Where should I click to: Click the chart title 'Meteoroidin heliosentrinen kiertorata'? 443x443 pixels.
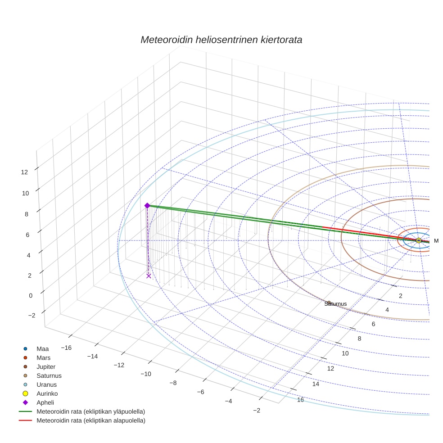(x=221, y=40)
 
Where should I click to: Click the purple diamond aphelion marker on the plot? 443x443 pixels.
(x=147, y=206)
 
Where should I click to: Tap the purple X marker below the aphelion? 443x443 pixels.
(x=149, y=276)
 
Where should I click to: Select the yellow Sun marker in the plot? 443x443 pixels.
(x=419, y=240)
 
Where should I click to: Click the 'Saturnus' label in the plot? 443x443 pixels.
(x=335, y=304)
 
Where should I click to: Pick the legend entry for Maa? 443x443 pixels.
(x=42, y=348)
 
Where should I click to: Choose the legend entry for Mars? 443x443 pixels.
(x=43, y=357)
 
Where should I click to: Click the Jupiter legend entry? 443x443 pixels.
(x=46, y=366)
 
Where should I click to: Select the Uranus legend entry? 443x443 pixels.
(x=46, y=384)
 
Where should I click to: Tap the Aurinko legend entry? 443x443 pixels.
(x=47, y=393)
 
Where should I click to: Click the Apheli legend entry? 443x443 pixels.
(x=45, y=402)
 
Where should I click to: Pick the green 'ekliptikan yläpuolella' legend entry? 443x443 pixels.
(x=90, y=411)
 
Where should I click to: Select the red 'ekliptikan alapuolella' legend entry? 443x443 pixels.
(x=90, y=420)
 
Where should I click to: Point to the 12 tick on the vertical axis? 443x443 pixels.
(x=24, y=172)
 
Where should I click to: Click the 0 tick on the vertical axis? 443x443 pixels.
(x=31, y=295)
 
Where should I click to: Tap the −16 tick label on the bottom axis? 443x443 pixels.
(x=66, y=348)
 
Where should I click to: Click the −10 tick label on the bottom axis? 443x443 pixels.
(x=146, y=374)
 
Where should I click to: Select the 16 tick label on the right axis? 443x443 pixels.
(x=300, y=400)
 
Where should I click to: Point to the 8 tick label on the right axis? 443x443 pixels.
(x=359, y=339)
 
